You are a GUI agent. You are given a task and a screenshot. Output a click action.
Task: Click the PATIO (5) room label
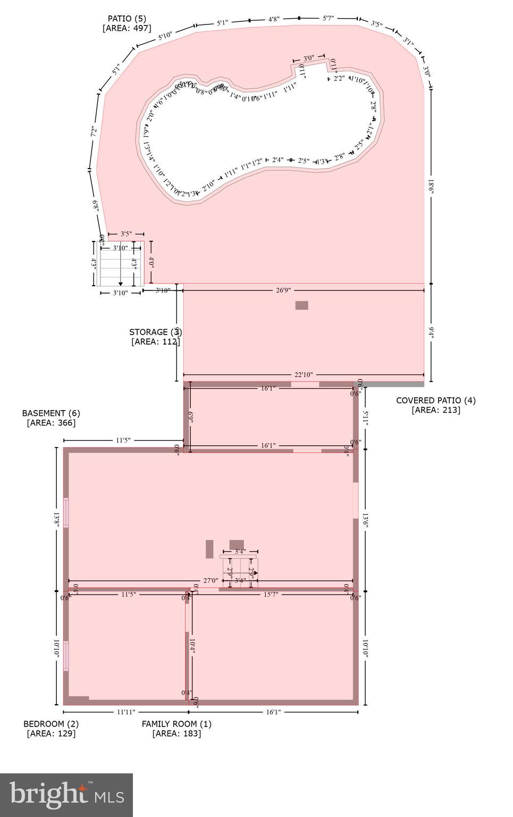point(127,19)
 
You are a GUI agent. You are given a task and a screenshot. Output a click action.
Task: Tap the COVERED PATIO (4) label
point(435,401)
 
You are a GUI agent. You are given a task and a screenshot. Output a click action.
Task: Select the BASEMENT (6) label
point(51,413)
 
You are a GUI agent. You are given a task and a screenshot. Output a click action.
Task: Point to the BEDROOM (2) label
point(51,724)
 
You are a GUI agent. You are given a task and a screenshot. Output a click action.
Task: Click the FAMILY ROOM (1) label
point(176,724)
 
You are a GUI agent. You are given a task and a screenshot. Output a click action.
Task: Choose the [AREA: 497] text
point(127,28)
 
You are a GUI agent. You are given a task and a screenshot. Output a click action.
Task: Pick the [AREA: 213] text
point(436,410)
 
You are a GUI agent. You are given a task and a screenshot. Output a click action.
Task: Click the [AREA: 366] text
point(51,423)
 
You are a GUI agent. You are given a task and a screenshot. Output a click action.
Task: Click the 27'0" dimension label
point(211,581)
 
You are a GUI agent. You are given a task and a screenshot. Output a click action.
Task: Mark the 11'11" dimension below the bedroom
point(125,712)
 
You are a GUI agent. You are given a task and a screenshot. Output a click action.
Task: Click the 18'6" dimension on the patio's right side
point(431,186)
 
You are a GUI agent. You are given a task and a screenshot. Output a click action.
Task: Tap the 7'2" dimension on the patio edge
point(94,132)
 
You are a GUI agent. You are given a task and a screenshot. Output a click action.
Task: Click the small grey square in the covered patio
point(301,305)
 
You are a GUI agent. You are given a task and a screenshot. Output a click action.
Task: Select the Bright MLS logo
point(66,795)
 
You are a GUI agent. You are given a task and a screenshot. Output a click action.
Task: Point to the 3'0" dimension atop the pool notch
point(308,58)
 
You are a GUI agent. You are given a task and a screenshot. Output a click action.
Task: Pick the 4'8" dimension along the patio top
point(273,20)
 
